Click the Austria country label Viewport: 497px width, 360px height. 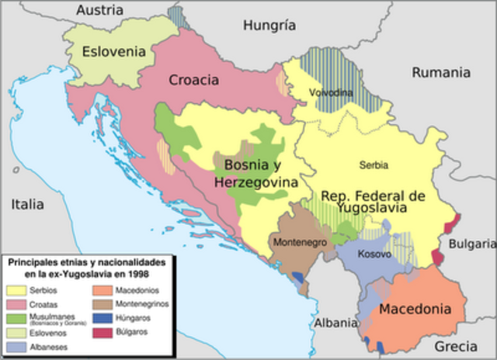click(x=99, y=10)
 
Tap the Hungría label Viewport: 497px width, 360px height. click(x=269, y=25)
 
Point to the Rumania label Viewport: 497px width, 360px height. click(x=440, y=72)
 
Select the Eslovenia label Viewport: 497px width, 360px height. click(x=114, y=52)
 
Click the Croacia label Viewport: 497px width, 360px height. click(x=193, y=79)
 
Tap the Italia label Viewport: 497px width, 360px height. click(x=28, y=205)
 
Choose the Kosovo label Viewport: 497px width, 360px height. click(x=376, y=254)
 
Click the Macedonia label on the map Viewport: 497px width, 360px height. click(x=415, y=309)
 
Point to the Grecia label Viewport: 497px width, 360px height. click(x=456, y=346)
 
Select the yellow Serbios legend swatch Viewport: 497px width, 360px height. click(x=17, y=290)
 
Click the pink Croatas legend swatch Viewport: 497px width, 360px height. click(x=17, y=305)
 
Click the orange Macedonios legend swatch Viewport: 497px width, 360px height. click(x=103, y=290)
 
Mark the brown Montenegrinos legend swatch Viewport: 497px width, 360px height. click(x=103, y=304)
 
